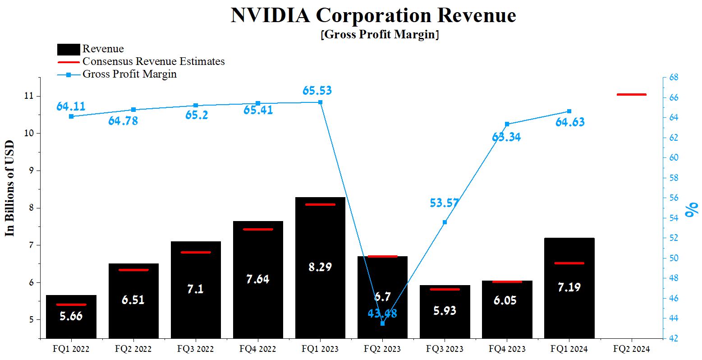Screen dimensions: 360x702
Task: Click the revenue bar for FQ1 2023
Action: coord(320,235)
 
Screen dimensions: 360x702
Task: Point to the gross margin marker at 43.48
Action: coord(382,323)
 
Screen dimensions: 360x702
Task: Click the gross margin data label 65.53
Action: coord(317,91)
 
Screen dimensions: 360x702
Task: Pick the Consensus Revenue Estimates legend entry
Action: coord(153,61)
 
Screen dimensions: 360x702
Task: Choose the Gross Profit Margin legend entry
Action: coord(129,74)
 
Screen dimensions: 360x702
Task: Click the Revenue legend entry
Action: coord(103,49)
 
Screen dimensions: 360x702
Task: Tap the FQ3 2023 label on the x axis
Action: coord(445,349)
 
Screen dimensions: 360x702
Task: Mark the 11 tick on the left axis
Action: coord(29,96)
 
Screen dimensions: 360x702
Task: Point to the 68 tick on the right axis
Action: coord(674,78)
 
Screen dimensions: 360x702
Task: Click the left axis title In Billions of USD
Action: coord(10,188)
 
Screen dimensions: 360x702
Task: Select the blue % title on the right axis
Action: coord(690,209)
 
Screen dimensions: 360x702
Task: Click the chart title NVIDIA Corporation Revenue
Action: coord(373,15)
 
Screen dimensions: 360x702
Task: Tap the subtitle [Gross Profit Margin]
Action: coord(380,35)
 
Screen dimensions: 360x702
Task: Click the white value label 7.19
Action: coord(569,287)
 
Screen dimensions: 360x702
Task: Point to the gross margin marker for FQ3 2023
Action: coord(445,222)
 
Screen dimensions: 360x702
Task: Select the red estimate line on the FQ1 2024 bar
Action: coord(569,263)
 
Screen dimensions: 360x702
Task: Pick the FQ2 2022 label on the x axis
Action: coord(133,349)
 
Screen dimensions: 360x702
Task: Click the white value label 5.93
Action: coord(445,310)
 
